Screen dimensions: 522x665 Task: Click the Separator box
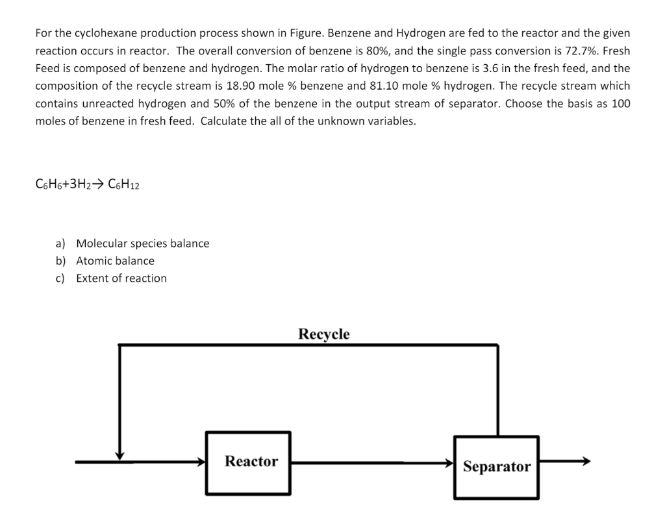tap(496, 467)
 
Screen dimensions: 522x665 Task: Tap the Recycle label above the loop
tap(323, 334)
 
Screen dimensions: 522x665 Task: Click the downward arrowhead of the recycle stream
tap(119, 455)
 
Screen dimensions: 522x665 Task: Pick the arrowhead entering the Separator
tap(449, 463)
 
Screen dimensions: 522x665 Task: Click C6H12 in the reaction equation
tap(123, 185)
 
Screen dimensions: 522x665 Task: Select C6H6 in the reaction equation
tap(47, 185)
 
